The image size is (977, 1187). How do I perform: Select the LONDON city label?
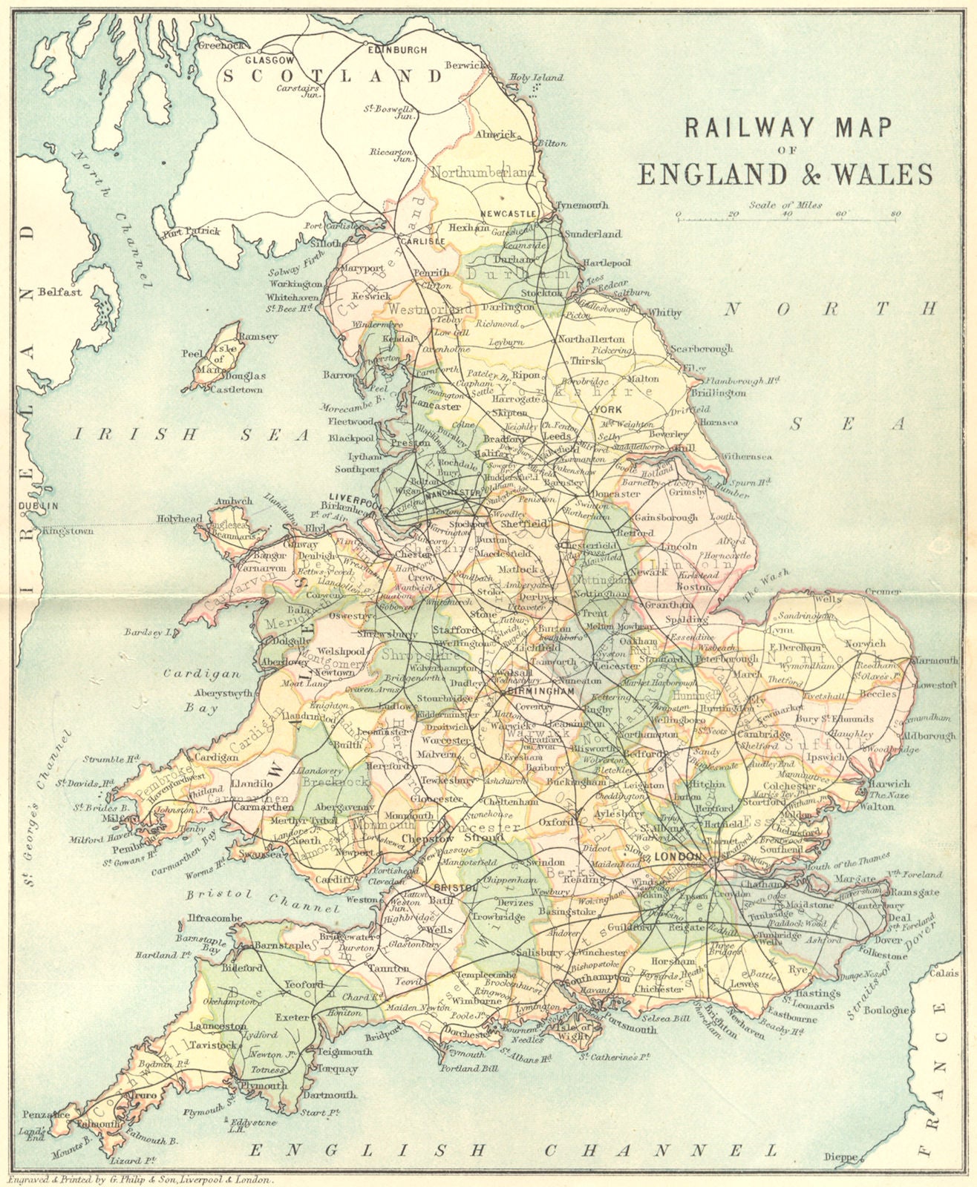(x=676, y=858)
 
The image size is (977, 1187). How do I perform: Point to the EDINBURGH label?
(x=398, y=50)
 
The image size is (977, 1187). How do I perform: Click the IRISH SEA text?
(x=191, y=435)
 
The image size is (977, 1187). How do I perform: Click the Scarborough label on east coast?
(x=701, y=348)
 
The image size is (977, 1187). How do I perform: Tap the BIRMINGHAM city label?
(x=540, y=691)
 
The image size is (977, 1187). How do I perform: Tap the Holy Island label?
(x=537, y=77)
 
